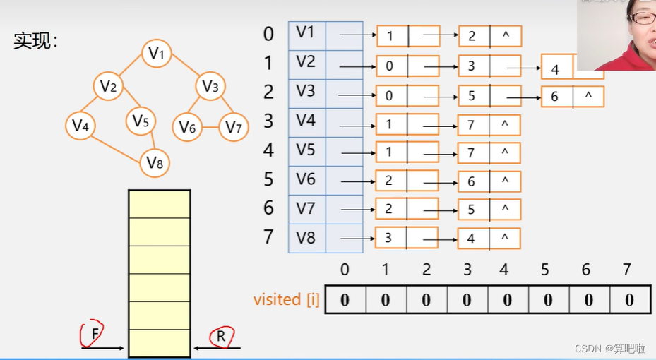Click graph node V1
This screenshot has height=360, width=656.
pyautogui.click(x=157, y=53)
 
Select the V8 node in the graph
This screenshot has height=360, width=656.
pyautogui.click(x=155, y=163)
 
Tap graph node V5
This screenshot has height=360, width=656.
pyautogui.click(x=141, y=121)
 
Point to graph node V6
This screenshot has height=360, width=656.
pyautogui.click(x=187, y=127)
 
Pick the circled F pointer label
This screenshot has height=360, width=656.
pyautogui.click(x=93, y=332)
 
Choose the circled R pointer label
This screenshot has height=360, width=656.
pyautogui.click(x=220, y=336)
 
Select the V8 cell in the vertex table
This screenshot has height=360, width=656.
pyautogui.click(x=306, y=237)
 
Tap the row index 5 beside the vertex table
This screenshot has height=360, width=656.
pyautogui.click(x=268, y=179)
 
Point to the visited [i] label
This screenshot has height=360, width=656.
pyautogui.click(x=287, y=299)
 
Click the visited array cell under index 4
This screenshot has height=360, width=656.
pyautogui.click(x=508, y=299)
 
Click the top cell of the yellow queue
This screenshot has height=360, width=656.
pyautogui.click(x=159, y=203)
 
